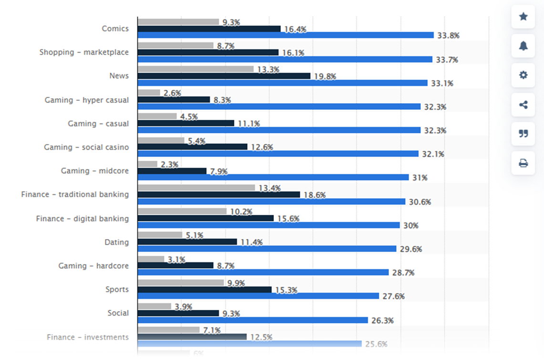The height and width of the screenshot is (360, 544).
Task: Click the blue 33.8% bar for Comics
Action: point(285,35)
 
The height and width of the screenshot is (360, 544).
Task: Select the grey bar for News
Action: point(195,69)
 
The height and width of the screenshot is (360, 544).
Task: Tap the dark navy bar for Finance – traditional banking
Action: point(219,195)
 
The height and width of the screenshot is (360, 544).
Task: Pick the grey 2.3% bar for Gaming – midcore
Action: point(147,164)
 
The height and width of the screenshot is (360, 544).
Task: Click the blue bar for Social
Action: point(252,320)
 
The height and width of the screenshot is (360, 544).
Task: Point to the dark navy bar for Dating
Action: point(187,242)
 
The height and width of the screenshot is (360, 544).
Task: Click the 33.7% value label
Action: point(447,60)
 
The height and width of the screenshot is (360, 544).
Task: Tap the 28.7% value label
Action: point(403,273)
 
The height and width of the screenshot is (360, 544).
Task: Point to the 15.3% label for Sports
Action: point(285,290)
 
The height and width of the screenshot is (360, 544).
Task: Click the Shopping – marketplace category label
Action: point(84,52)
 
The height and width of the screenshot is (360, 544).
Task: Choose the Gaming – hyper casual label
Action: point(87,100)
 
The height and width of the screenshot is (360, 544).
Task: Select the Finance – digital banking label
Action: point(83,219)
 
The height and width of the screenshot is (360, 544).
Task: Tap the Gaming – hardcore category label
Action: point(94,266)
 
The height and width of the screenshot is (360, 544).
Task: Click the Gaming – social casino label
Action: point(86,147)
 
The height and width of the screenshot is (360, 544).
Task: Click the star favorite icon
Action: point(523,17)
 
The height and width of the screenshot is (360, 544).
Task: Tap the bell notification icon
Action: point(523,46)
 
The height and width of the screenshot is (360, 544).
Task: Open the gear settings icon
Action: point(523,75)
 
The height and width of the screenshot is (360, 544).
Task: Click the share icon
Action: point(523,105)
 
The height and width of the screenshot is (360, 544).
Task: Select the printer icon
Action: point(523,163)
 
